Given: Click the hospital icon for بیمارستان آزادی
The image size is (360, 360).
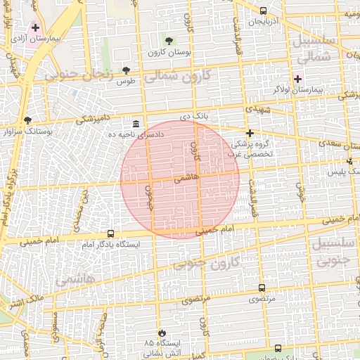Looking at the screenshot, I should click(x=35, y=27).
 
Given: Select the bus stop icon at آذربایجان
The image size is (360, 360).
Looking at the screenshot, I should click(x=263, y=11).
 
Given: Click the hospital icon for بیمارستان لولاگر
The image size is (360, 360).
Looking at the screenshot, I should click(x=298, y=79).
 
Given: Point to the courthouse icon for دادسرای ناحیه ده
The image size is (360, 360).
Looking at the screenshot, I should click(x=135, y=124).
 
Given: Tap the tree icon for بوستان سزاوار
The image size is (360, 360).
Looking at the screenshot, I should click(x=27, y=120).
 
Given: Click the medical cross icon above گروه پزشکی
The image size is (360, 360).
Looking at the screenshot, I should click(x=249, y=133).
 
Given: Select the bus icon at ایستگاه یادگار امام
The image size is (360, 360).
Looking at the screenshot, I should click(x=110, y=233).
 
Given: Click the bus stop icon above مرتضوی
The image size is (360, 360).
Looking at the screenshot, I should click(x=262, y=288).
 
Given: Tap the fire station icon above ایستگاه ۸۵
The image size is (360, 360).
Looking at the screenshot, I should click(x=162, y=332).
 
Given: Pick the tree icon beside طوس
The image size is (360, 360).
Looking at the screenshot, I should click(x=126, y=70).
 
